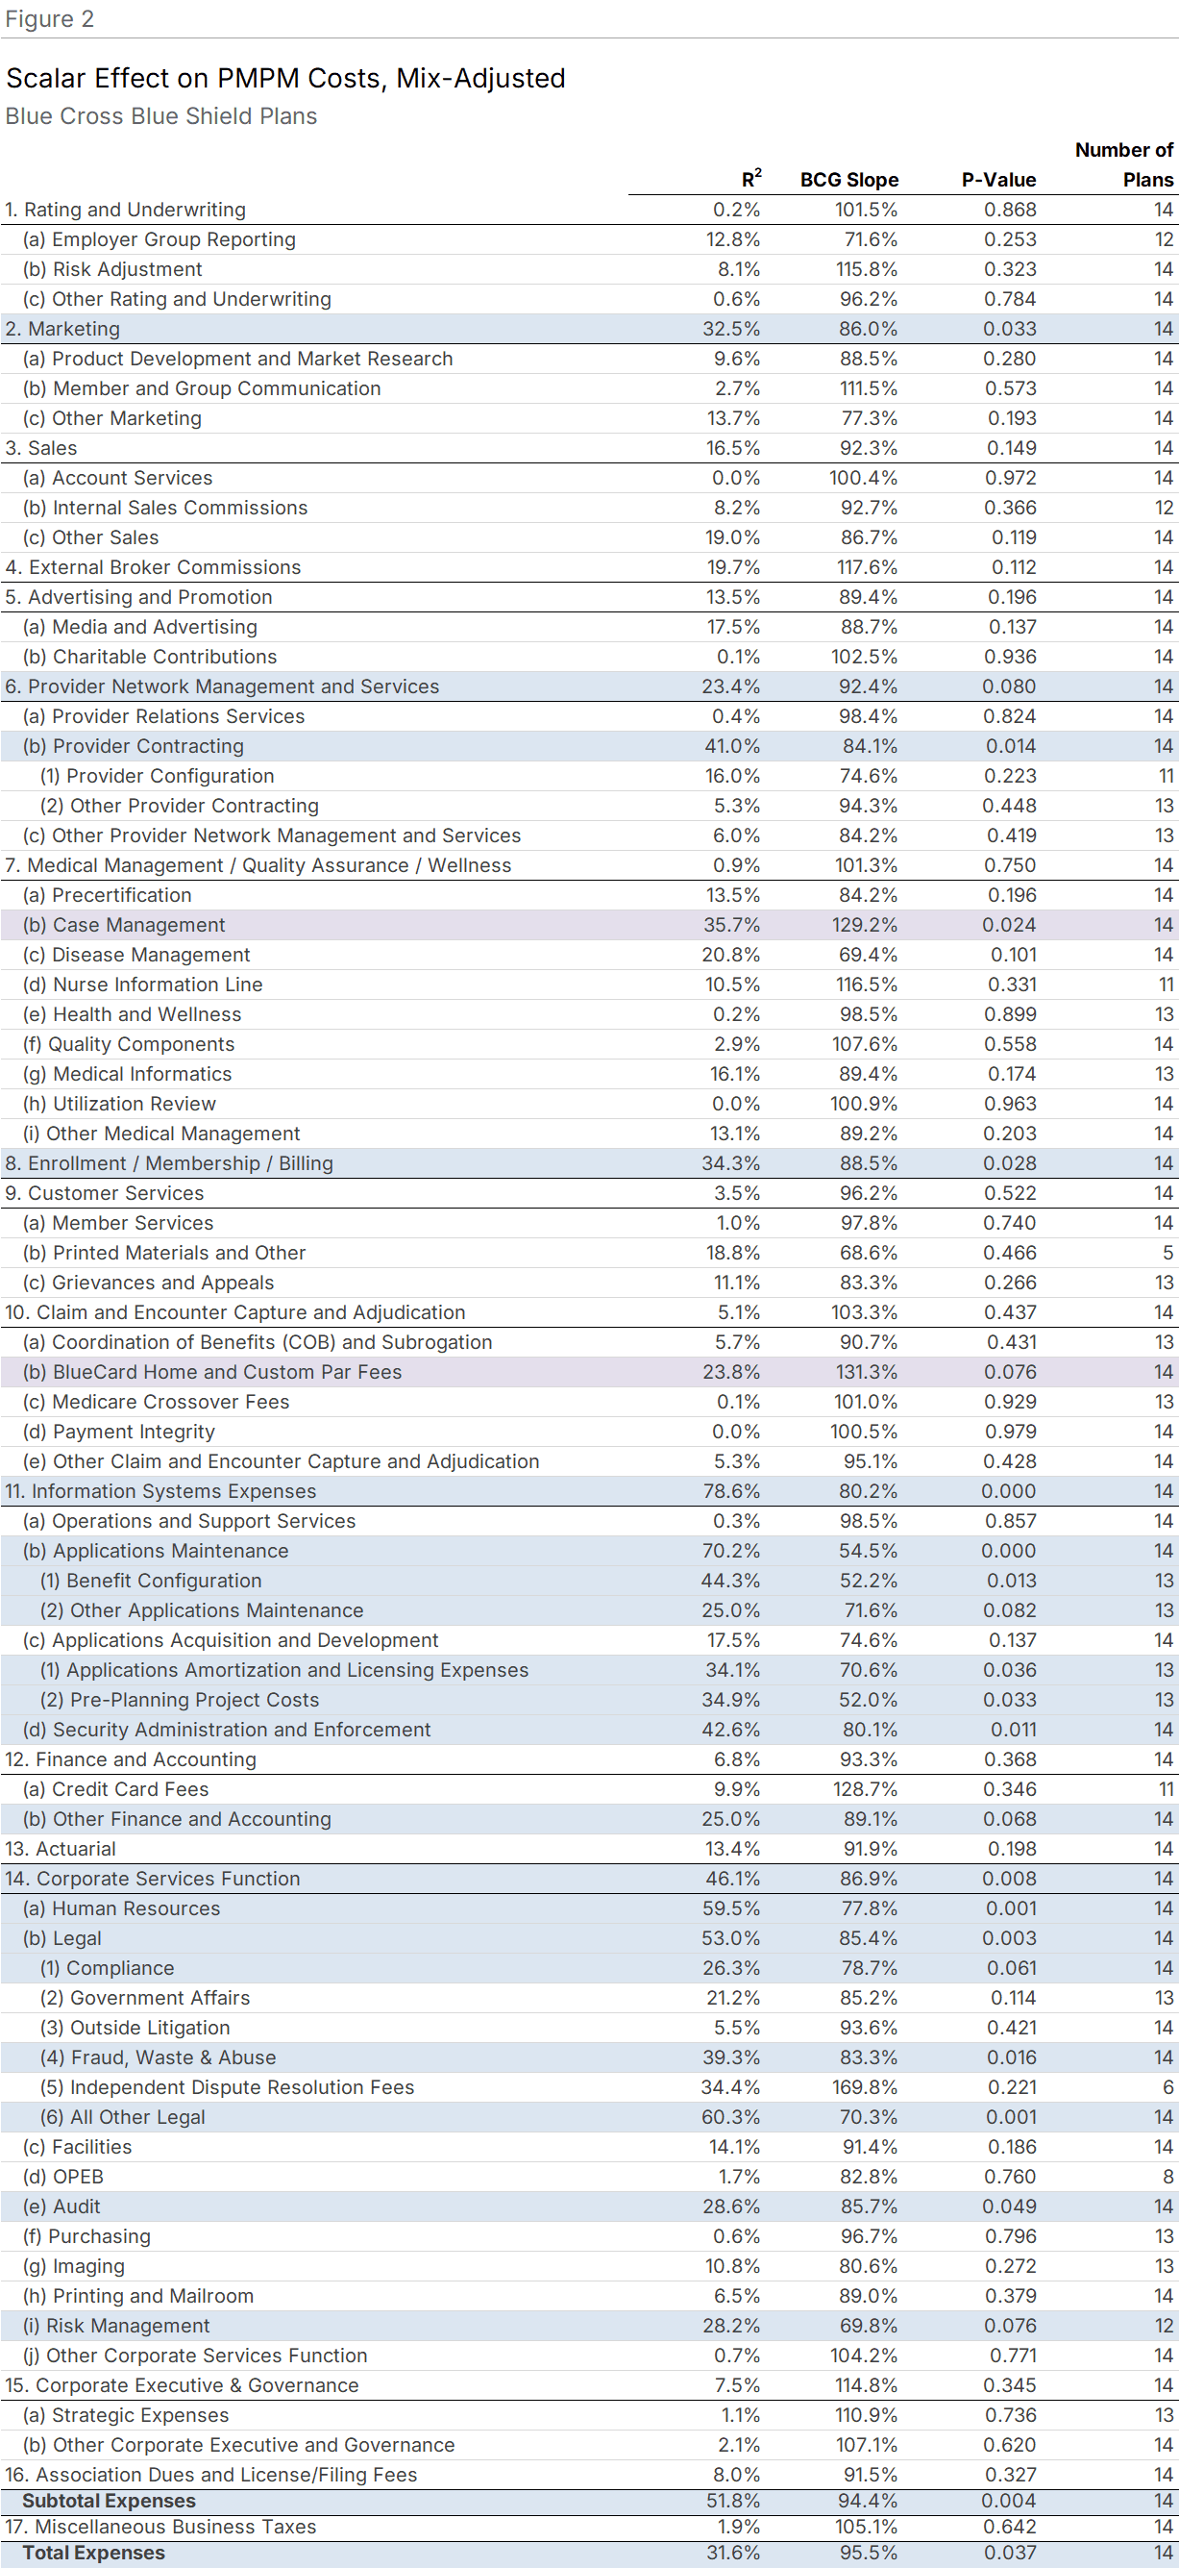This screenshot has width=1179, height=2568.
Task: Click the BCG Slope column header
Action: (848, 180)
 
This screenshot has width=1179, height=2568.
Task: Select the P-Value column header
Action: (997, 180)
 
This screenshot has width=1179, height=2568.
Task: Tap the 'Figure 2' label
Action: (49, 19)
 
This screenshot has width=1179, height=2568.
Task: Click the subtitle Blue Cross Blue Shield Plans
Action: (161, 115)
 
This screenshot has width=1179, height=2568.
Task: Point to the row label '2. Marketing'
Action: (62, 329)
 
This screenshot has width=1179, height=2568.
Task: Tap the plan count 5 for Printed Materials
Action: (1167, 1253)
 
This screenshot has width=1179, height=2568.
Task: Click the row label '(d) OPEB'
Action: (63, 2177)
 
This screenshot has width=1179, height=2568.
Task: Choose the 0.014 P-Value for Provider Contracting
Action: (1011, 746)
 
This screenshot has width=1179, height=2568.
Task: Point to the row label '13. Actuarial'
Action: (61, 1849)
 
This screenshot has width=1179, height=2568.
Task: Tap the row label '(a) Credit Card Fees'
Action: (115, 1789)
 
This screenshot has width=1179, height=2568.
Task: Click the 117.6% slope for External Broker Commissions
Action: (866, 567)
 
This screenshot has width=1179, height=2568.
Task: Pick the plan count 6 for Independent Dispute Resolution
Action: (1167, 2087)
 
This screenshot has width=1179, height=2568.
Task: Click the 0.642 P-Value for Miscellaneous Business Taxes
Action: (1009, 2527)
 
